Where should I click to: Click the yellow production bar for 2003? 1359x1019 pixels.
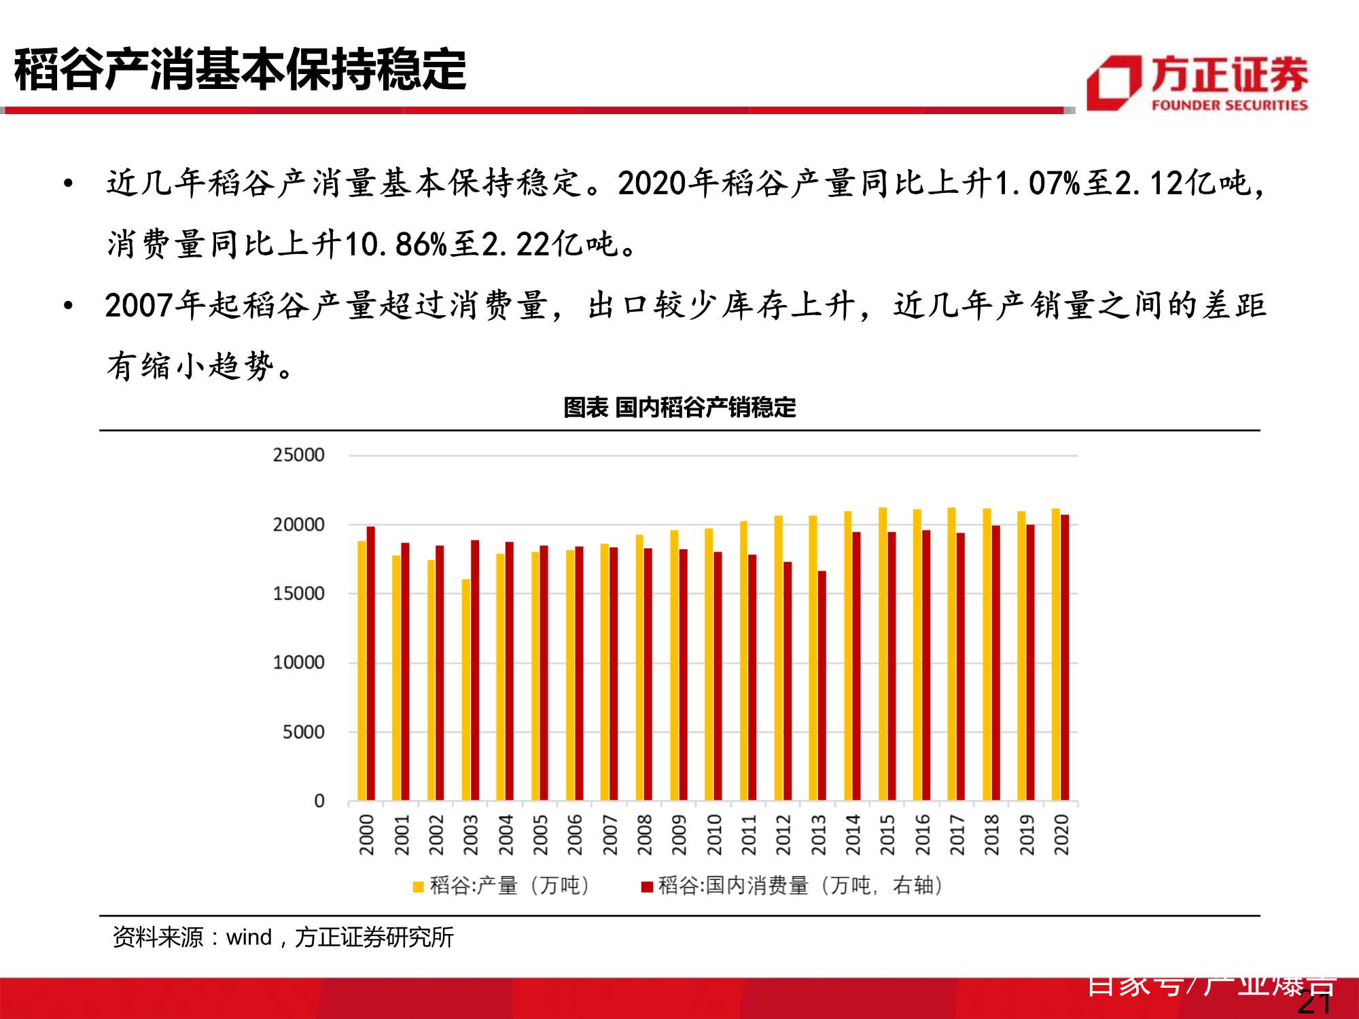[x=465, y=690]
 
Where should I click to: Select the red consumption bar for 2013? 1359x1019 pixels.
[x=822, y=686]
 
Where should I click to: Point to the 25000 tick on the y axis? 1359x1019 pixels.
[x=299, y=455]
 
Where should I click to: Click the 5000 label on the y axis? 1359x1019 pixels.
[x=304, y=732]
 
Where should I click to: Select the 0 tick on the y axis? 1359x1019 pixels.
[x=319, y=802]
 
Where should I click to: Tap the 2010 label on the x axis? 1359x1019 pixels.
[x=713, y=835]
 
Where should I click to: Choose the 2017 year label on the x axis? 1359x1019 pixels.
[x=957, y=835]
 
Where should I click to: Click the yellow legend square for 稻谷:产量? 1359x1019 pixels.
[x=419, y=887]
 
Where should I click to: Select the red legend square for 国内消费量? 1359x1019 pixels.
[x=647, y=887]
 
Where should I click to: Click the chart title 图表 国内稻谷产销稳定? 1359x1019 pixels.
[x=679, y=408]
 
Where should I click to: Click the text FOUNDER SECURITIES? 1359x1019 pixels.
[x=1229, y=105]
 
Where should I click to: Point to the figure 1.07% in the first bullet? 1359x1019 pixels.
[x=1038, y=183]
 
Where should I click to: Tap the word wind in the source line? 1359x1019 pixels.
[x=249, y=937]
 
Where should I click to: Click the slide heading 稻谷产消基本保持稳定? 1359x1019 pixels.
[x=240, y=70]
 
